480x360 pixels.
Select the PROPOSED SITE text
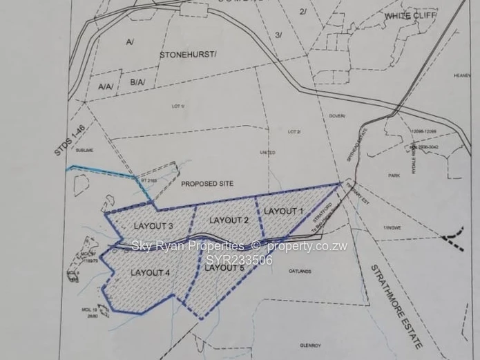[207, 184]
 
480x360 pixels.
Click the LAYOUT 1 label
[284, 211]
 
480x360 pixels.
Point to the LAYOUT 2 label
[229, 220]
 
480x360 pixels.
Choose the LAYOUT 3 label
[153, 226]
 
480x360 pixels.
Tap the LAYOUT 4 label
[150, 273]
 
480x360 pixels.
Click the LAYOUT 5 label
[224, 267]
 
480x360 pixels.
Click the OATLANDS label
[302, 272]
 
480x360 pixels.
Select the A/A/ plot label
[106, 87]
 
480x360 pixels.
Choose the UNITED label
[267, 153]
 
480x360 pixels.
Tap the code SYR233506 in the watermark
[240, 260]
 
